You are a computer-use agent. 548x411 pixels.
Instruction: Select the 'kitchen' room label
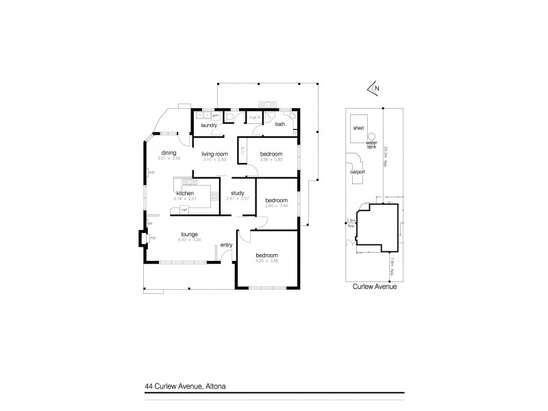click(x=185, y=194)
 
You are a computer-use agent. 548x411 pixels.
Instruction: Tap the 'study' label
click(x=238, y=192)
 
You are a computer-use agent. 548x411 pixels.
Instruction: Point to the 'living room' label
click(x=214, y=154)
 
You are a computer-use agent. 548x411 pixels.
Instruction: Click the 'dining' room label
click(x=169, y=153)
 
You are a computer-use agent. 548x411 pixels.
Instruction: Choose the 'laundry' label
click(x=209, y=125)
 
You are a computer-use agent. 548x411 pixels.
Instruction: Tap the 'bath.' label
click(x=281, y=125)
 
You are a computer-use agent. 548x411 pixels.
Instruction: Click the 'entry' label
click(x=226, y=245)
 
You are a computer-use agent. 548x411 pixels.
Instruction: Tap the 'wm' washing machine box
click(x=215, y=116)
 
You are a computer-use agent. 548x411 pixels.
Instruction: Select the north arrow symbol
click(x=373, y=88)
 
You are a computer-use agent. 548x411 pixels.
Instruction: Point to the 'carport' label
click(x=357, y=173)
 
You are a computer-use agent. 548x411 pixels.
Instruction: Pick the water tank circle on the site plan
click(x=373, y=135)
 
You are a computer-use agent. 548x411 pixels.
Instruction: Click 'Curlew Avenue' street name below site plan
click(x=374, y=287)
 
